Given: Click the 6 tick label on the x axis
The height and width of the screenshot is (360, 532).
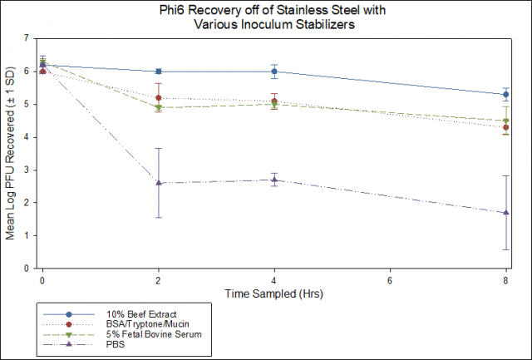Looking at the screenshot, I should tap(390, 281).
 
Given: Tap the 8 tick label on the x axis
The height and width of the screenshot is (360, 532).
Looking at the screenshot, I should tap(505, 281).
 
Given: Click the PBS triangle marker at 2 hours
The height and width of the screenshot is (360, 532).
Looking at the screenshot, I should tap(159, 183).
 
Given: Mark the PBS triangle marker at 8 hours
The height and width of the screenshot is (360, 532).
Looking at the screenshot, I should tap(506, 213).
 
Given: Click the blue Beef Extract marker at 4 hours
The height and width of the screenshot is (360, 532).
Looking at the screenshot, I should tap(274, 72).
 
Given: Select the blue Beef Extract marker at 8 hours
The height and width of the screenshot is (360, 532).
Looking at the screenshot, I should tap(506, 95).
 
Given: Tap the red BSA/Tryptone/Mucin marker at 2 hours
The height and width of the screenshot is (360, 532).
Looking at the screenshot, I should tap(159, 97).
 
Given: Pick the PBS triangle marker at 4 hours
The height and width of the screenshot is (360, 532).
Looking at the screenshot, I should tap(274, 180).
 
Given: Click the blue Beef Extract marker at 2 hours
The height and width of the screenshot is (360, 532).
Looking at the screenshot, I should tap(159, 72).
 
